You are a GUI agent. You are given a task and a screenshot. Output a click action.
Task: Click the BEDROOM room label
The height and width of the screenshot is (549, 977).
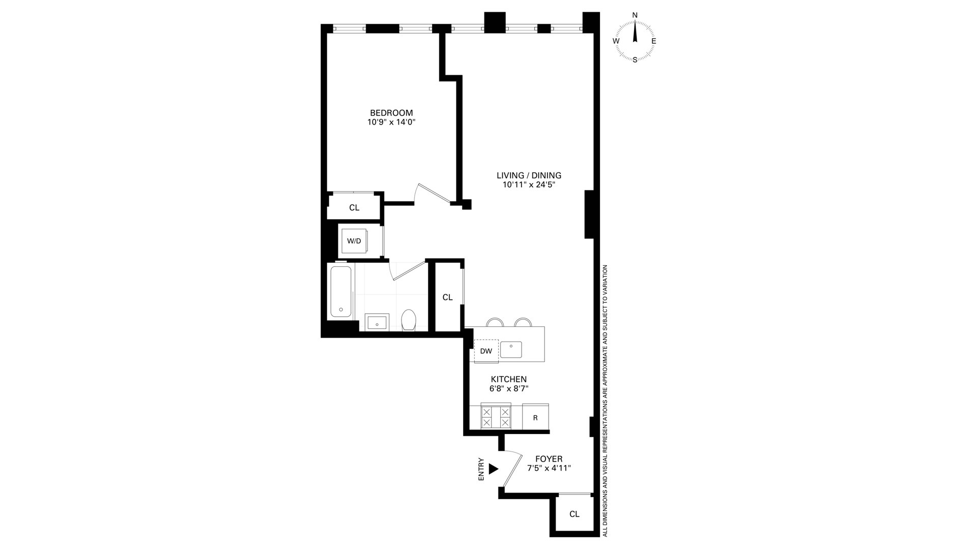tap(391, 112)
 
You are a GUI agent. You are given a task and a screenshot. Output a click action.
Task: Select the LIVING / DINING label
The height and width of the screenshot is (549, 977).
tap(529, 175)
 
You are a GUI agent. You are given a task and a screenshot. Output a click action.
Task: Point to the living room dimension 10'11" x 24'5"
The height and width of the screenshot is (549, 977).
tap(529, 185)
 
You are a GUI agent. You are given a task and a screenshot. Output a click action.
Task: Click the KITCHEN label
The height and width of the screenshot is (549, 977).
tap(508, 379)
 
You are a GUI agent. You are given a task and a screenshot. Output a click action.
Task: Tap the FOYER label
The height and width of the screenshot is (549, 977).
tap(549, 459)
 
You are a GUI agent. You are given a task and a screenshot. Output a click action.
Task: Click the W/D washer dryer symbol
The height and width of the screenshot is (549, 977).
tap(354, 241)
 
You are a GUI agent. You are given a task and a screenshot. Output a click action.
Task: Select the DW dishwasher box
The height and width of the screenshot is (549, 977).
tap(486, 351)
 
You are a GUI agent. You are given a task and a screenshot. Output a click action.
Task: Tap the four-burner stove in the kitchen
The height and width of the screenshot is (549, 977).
tap(496, 417)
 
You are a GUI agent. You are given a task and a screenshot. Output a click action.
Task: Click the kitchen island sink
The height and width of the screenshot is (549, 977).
tap(511, 349)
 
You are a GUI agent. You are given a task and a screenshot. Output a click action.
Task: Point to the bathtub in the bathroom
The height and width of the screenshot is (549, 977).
tap(340, 291)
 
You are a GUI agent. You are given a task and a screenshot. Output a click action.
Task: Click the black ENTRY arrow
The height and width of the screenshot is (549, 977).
tap(493, 469)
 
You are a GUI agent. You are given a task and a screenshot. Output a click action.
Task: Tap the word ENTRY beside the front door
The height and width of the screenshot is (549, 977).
tap(481, 469)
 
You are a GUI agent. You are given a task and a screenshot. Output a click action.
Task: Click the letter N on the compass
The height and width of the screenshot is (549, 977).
tap(635, 15)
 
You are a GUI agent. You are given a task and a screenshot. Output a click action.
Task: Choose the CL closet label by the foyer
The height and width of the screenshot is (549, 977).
tap(574, 514)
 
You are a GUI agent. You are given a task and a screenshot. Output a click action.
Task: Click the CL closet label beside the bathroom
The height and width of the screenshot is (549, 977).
tap(447, 297)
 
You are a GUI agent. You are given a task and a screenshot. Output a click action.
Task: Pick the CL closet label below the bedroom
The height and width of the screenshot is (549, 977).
tap(354, 207)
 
